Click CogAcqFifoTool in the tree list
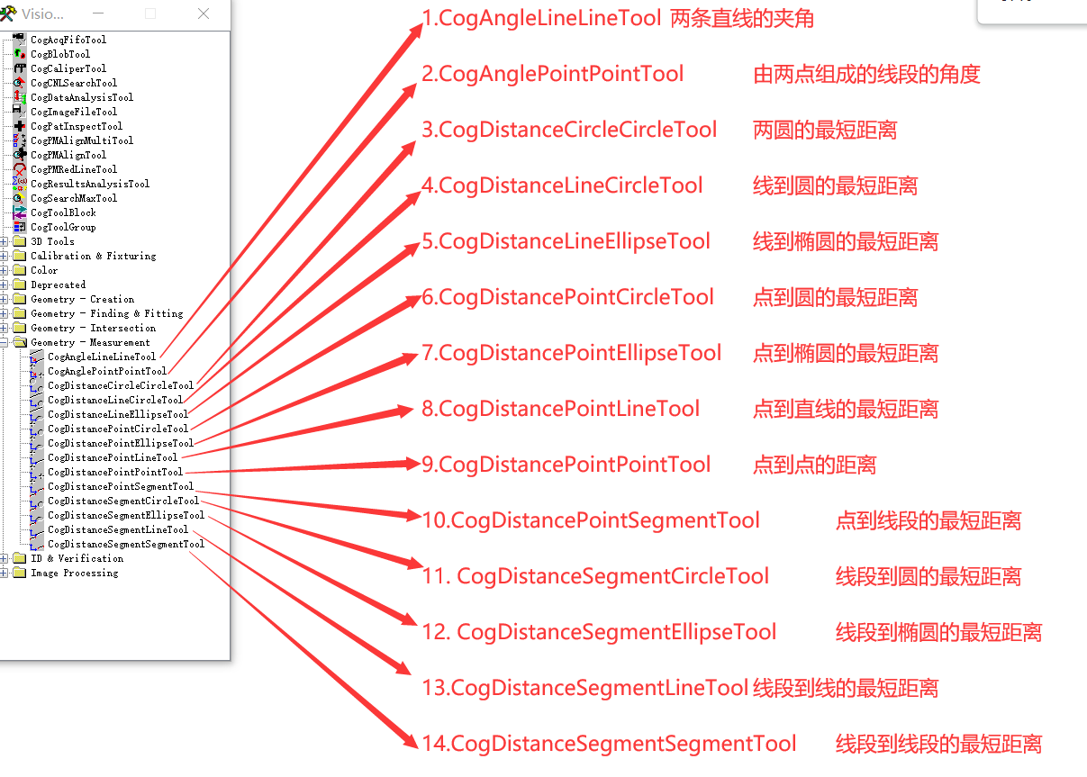click(68, 40)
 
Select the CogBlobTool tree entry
click(60, 54)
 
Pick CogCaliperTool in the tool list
click(68, 68)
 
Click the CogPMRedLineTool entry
click(73, 169)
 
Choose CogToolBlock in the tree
click(63, 212)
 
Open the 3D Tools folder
click(52, 241)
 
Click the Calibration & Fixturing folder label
click(93, 256)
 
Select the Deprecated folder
click(58, 285)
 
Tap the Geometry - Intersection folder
click(93, 328)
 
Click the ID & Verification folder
click(77, 558)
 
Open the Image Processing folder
click(74, 573)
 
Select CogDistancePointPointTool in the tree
click(114, 472)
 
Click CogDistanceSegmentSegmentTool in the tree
click(125, 544)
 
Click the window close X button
click(203, 14)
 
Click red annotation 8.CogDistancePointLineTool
click(560, 410)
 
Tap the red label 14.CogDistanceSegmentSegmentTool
click(609, 745)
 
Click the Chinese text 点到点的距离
click(814, 465)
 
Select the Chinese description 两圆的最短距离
click(824, 131)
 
